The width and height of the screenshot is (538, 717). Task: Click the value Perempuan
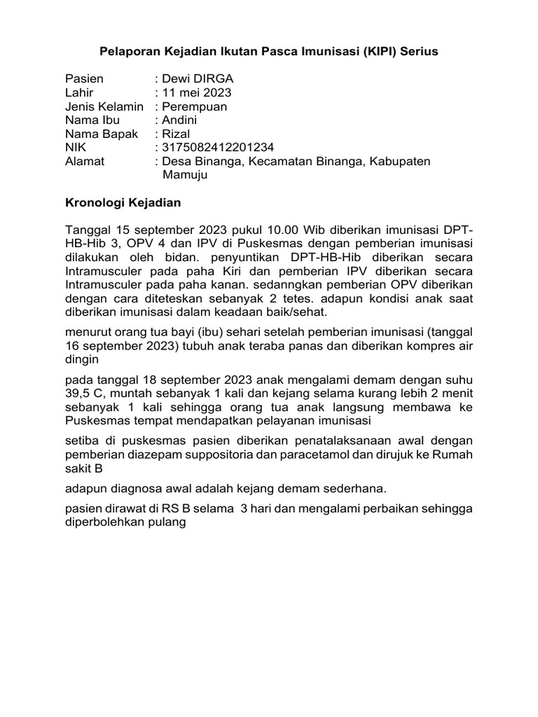pyautogui.click(x=195, y=106)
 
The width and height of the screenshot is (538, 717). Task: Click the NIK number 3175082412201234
pyautogui.click(x=218, y=148)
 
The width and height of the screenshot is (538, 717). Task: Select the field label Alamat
pyautogui.click(x=85, y=161)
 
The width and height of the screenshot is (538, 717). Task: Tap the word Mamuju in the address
pyautogui.click(x=185, y=175)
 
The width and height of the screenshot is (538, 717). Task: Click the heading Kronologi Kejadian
pyautogui.click(x=123, y=203)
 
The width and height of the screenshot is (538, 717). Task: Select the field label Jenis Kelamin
pyautogui.click(x=104, y=106)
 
